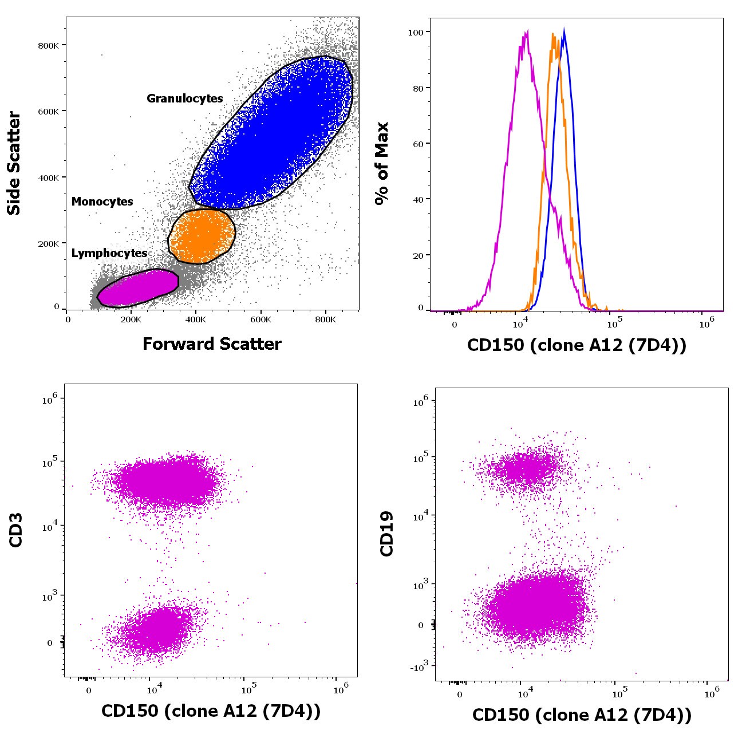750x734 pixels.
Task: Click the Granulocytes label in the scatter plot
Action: pos(184,98)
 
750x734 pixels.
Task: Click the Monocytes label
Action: pos(102,202)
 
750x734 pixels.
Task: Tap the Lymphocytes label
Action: pos(109,253)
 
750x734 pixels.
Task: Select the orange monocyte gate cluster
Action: pos(202,235)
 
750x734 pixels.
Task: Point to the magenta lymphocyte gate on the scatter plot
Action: pos(138,288)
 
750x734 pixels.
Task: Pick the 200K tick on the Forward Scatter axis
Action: pos(131,319)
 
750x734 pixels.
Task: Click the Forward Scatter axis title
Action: pos(212,344)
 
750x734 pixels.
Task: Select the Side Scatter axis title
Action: pos(14,163)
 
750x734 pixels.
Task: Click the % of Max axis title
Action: pos(381,163)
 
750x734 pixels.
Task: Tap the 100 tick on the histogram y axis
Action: pos(415,33)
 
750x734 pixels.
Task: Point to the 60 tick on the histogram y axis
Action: pos(418,144)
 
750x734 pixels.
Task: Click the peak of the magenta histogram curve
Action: pos(526,32)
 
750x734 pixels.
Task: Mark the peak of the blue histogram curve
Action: pos(565,30)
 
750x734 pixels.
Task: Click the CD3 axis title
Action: pos(16,530)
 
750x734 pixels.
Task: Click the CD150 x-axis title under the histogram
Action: pos(577,345)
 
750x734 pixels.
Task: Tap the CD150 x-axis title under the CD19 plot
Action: pos(582,715)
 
